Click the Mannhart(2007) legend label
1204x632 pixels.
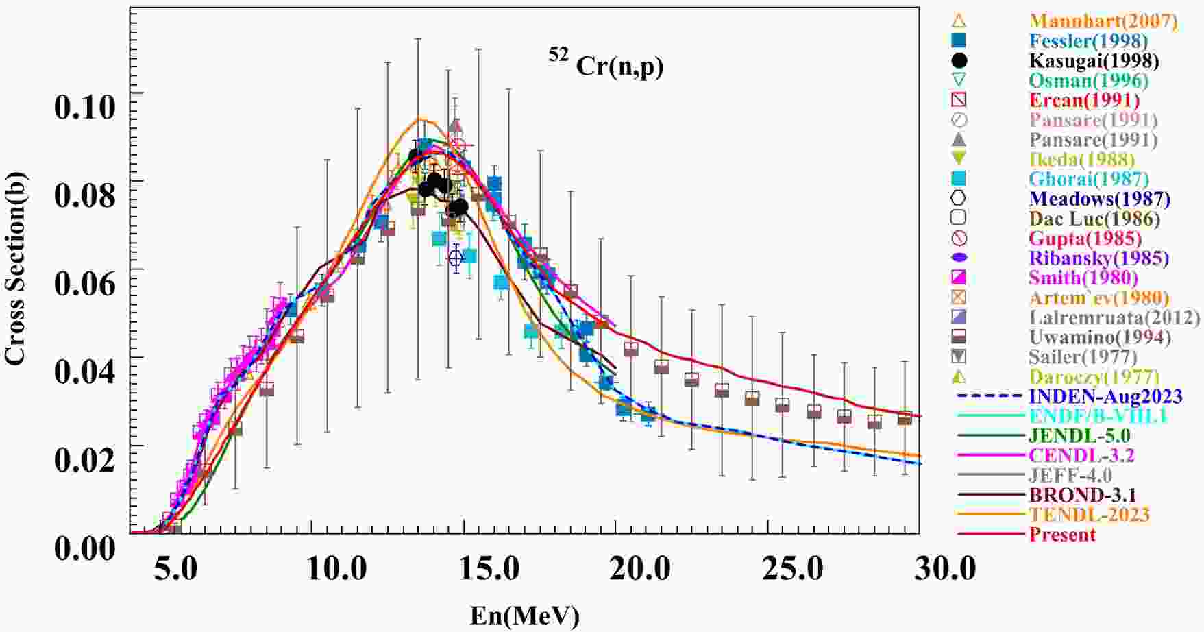tap(1103, 21)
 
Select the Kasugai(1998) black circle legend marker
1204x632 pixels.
tap(959, 60)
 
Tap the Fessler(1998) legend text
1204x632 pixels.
tap(1088, 41)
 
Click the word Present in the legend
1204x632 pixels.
tap(1062, 535)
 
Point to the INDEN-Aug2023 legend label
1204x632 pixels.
tap(1105, 396)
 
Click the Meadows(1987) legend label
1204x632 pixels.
tap(1100, 199)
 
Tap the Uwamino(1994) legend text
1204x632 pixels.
tap(1099, 337)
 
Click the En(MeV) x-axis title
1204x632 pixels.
tap(524, 616)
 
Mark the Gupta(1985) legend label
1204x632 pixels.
tap(1085, 239)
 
